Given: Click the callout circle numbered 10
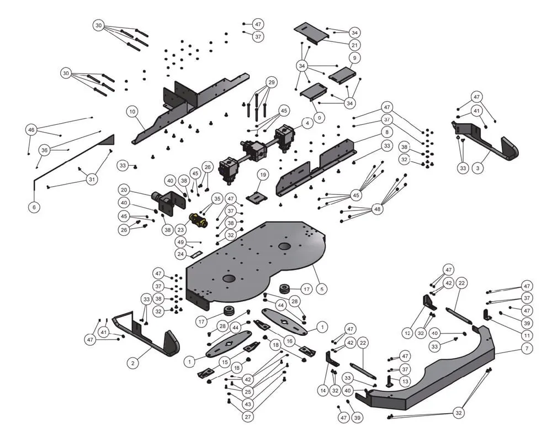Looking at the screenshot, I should [x=131, y=111].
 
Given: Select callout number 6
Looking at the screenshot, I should [x=34, y=206].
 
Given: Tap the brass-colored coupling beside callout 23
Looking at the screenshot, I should [x=198, y=221].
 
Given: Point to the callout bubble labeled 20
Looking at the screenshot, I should [x=124, y=190].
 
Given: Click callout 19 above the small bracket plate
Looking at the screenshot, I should [x=263, y=175].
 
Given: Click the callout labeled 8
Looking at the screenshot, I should [x=387, y=133].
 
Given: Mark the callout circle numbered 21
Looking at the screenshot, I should [x=354, y=44].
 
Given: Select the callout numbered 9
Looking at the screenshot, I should [x=354, y=57].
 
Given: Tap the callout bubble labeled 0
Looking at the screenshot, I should [x=318, y=118].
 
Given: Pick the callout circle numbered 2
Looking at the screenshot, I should [x=132, y=362].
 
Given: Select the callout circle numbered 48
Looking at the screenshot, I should [x=377, y=209].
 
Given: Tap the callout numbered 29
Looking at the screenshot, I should [x=271, y=82].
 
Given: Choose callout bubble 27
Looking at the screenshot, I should [x=248, y=417].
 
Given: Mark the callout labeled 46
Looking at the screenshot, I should [x=31, y=130].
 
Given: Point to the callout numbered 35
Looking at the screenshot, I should [x=217, y=198].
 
